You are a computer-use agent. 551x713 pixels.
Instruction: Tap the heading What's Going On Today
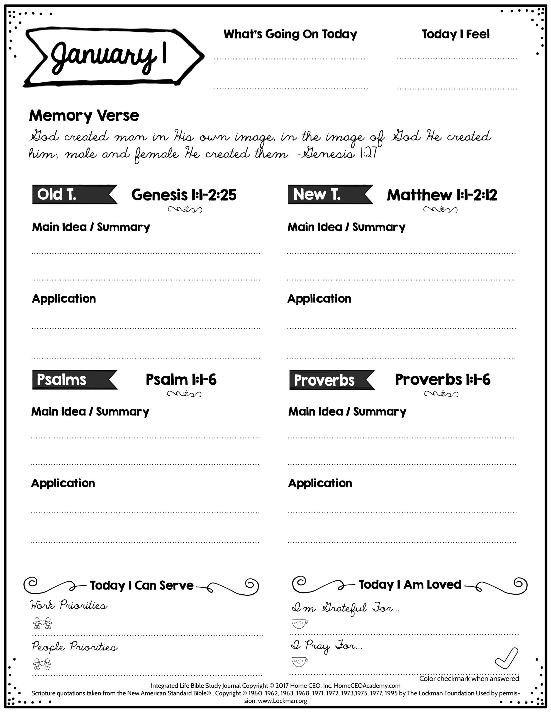290,34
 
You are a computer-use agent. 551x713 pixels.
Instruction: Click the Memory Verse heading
84,116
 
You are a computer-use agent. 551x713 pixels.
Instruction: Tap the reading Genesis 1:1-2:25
184,195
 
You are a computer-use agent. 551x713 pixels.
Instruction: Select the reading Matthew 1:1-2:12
442,195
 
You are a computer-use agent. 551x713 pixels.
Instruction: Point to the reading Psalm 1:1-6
181,380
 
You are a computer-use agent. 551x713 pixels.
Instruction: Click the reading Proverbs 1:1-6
443,380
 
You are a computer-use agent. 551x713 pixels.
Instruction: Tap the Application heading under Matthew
319,299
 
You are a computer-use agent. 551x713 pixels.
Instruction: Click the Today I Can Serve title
142,585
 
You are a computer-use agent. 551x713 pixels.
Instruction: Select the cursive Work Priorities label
69,605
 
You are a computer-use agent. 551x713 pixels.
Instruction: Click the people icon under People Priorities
42,664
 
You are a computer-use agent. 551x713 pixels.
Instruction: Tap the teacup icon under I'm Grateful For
299,623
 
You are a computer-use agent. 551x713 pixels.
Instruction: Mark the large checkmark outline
507,658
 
